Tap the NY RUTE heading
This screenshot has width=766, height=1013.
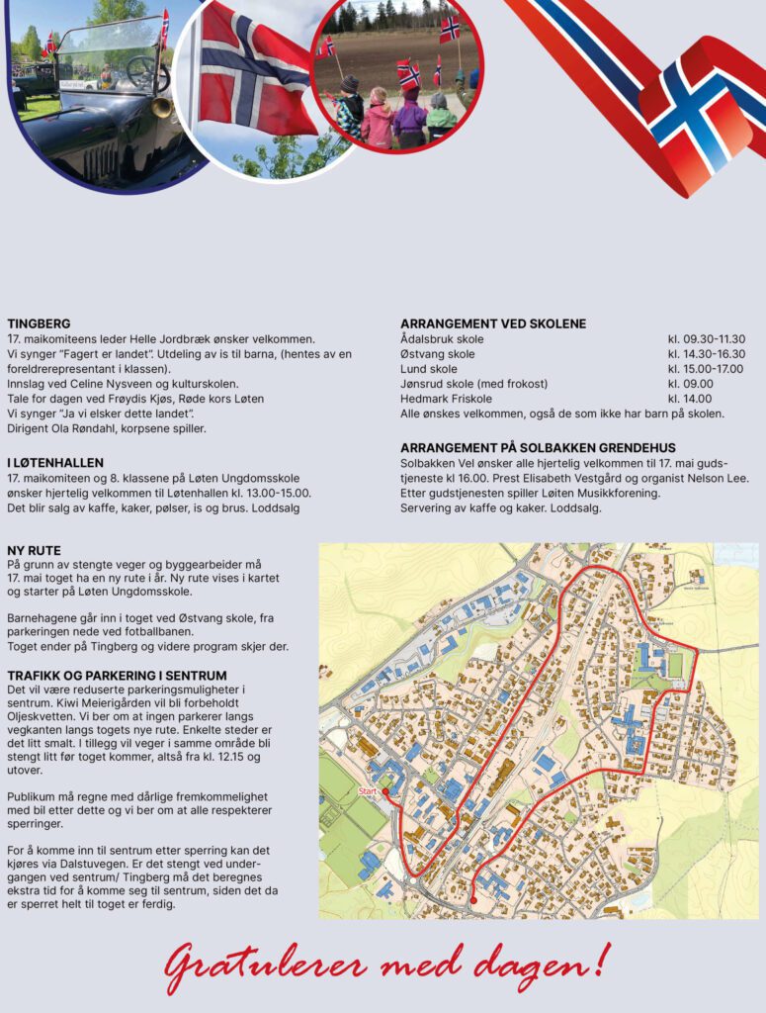pyautogui.click(x=34, y=550)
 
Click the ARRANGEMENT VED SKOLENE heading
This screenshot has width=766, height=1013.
pyautogui.click(x=492, y=323)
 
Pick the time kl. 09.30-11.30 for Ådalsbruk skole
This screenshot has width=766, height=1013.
pyautogui.click(x=706, y=339)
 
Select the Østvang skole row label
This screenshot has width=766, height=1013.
pyautogui.click(x=437, y=354)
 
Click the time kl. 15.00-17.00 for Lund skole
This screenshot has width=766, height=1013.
pyautogui.click(x=706, y=369)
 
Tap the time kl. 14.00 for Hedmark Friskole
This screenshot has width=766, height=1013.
pyautogui.click(x=690, y=399)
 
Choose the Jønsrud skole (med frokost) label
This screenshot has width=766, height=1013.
pyautogui.click(x=473, y=384)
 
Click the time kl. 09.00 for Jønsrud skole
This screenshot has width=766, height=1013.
pyautogui.click(x=690, y=384)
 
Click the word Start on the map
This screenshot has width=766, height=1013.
pyautogui.click(x=368, y=791)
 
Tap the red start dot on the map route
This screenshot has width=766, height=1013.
pyautogui.click(x=384, y=793)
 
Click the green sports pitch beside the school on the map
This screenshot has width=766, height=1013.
pyautogui.click(x=675, y=665)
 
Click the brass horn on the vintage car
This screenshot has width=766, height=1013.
pyautogui.click(x=161, y=107)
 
